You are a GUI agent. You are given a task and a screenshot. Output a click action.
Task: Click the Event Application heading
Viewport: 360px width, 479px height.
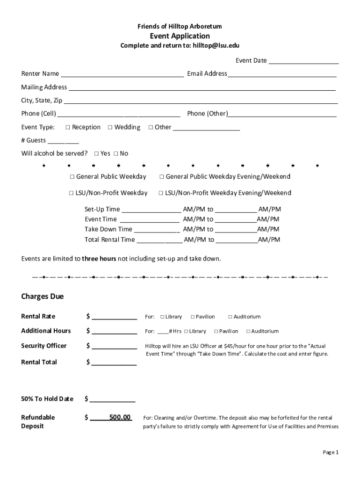pos(180,36)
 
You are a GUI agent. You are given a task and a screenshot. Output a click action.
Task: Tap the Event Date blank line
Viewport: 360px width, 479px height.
pos(303,60)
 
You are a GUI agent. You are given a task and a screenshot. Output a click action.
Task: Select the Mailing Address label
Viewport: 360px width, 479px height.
pos(44,87)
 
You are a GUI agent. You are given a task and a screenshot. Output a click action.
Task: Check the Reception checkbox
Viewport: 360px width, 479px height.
pos(68,127)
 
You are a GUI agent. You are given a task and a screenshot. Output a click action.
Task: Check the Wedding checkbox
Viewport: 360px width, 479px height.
pos(110,127)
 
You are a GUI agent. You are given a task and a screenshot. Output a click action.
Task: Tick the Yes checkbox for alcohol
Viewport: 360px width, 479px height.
pos(96,153)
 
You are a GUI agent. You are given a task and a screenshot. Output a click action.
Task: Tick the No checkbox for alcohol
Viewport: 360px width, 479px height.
pos(115,153)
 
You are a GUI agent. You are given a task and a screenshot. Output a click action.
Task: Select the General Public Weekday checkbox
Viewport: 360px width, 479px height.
pos(72,177)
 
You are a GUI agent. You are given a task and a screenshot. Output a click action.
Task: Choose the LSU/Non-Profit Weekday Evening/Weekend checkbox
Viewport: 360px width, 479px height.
pos(161,193)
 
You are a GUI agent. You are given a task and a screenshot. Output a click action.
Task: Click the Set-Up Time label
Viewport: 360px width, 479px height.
pos(102,209)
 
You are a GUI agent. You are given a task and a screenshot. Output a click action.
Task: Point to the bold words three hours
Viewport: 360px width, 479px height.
pos(99,259)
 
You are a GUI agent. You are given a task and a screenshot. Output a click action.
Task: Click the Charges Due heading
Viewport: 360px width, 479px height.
pos(43,297)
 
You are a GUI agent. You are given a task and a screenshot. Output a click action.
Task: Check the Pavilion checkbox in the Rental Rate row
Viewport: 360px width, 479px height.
pos(193,317)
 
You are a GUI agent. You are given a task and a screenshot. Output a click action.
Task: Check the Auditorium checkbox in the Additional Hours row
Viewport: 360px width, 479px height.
pos(248,331)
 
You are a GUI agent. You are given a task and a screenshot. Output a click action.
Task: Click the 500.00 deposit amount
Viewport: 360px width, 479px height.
pos(120,417)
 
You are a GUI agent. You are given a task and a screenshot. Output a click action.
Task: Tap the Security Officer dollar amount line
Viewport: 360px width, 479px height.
pos(114,346)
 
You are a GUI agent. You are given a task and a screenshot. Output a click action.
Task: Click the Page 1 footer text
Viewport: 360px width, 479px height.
pos(330,452)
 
